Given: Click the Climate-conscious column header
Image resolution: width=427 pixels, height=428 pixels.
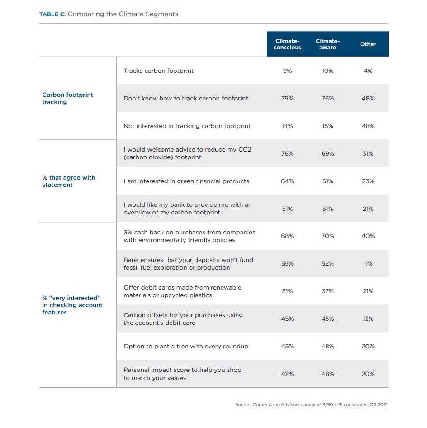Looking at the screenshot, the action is pos(287,44).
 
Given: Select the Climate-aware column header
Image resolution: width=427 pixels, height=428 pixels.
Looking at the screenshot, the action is pos(327,44).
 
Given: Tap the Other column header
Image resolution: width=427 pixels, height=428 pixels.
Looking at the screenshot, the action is pos(368,44).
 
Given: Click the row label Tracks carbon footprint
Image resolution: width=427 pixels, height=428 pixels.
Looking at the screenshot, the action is pos(158,71).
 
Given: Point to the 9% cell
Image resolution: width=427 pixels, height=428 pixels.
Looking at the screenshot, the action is pos(287,71).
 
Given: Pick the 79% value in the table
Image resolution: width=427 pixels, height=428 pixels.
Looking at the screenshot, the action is pos(287,99).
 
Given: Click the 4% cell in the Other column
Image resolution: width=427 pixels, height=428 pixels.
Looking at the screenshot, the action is pos(368,71).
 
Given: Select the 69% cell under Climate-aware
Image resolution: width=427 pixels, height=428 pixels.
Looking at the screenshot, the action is pos(327,154).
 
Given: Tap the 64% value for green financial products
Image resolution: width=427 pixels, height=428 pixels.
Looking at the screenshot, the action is pos(287,181).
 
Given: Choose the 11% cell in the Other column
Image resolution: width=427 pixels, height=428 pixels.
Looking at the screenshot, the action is pos(368,264).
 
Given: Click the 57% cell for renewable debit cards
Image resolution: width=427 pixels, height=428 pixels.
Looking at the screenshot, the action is pos(327,291).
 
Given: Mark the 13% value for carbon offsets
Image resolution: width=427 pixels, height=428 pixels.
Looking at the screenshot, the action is pos(368,319).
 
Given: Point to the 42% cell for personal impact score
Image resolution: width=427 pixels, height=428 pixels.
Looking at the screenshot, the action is pos(287,374).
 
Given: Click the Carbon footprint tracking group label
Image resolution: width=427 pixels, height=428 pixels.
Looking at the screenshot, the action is pos(68,98).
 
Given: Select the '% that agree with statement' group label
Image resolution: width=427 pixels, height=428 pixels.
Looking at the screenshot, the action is pos(69,181).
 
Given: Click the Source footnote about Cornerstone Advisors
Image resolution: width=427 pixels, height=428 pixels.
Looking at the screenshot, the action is pos(311,405).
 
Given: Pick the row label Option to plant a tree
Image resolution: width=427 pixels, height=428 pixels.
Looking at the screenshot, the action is pos(186,347).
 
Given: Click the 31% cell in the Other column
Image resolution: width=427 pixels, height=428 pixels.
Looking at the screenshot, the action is pos(368,154).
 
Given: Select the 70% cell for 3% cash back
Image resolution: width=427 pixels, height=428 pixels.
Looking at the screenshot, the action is pos(327,236).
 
